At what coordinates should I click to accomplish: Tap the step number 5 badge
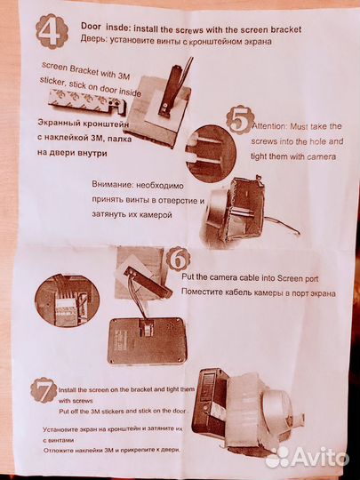[237, 120]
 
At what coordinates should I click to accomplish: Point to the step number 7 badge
[43, 390]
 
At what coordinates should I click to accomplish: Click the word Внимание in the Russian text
[116, 186]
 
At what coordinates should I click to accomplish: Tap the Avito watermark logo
[307, 456]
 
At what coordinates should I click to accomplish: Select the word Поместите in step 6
[203, 291]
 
